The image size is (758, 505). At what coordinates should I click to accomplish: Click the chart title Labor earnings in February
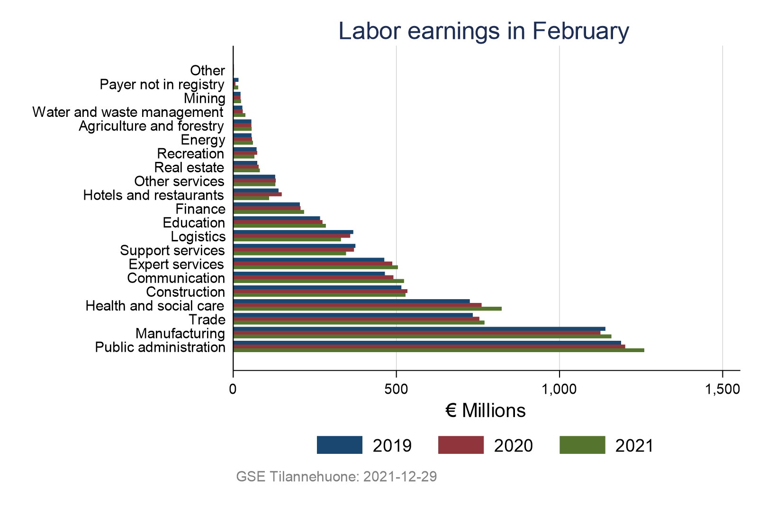coord(484,31)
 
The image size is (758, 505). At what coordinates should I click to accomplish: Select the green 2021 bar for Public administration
coord(438,350)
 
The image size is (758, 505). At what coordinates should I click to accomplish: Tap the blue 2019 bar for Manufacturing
coord(419,329)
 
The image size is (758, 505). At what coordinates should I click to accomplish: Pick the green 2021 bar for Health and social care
coord(367,309)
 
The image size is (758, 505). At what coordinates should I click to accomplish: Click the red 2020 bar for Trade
coord(356,319)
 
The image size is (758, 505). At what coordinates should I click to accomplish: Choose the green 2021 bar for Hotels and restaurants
coord(251,198)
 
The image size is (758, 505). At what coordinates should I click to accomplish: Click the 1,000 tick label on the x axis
coord(559,390)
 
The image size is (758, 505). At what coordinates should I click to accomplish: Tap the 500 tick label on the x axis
coord(396,390)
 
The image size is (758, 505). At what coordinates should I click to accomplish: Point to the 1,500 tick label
coord(722,390)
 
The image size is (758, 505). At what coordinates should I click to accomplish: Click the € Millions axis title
coord(486,411)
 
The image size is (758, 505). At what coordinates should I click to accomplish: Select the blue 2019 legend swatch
coord(339,445)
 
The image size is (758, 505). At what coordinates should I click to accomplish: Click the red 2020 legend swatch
coord(460,445)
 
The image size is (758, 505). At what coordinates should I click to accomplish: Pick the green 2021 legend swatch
coord(582,445)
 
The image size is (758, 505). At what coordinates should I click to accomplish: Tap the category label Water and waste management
coord(127,112)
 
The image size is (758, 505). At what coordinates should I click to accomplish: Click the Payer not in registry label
coord(162,85)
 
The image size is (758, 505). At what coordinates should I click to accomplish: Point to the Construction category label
coord(185,292)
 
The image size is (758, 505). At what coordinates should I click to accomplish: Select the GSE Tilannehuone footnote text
coord(336,477)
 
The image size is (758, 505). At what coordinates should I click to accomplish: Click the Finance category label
coord(200,209)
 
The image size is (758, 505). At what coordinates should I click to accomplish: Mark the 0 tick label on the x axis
coord(233,390)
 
